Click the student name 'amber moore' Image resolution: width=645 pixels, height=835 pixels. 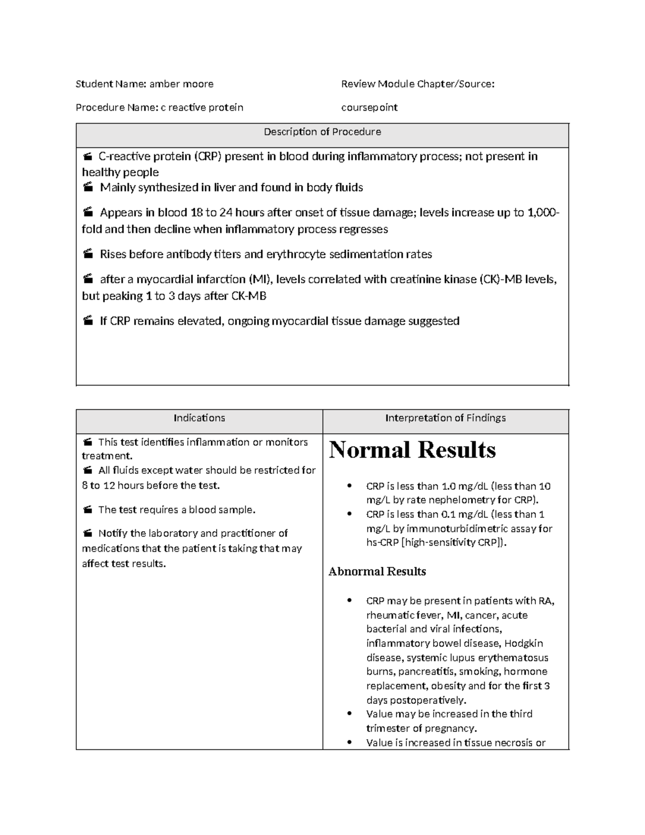coord(181,84)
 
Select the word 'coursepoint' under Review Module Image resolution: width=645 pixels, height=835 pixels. coord(369,108)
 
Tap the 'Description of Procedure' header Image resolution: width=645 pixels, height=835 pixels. coord(322,132)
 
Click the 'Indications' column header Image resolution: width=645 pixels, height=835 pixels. coord(199,418)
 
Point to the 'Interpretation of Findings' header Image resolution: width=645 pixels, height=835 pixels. coord(445,418)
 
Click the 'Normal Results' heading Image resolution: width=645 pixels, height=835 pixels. coord(412,449)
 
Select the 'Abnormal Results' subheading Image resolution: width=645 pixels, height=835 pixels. coord(377,571)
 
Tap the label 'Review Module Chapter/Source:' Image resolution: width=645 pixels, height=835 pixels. coord(418,84)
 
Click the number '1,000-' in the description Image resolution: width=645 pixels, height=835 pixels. coord(543,213)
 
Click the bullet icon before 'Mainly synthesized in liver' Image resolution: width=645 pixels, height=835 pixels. coord(88,188)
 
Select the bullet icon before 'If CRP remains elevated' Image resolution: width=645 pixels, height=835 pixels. coord(88,322)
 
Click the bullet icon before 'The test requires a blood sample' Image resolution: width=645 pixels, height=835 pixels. coord(88,510)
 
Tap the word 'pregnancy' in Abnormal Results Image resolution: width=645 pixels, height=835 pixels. coord(450,729)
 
